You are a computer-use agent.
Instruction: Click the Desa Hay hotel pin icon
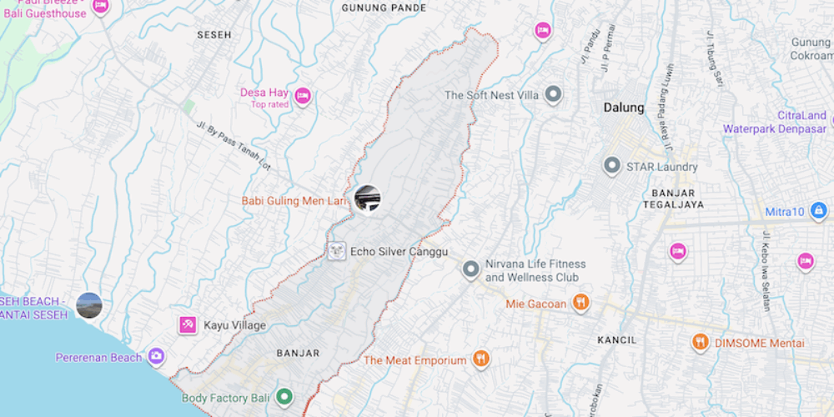303,96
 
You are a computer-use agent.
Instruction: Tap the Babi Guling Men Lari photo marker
368,198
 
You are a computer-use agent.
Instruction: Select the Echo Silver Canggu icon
337,251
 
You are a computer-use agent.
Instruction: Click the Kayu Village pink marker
188,325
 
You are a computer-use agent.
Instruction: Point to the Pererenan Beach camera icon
156,357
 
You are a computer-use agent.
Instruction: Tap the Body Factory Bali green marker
284,398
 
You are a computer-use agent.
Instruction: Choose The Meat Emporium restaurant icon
480,360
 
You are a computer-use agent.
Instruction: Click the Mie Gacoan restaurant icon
581,303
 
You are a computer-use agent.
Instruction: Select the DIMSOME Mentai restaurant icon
701,342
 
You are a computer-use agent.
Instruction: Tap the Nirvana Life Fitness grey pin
471,269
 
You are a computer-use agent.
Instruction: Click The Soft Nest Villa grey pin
553,95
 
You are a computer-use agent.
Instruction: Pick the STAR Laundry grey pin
613,166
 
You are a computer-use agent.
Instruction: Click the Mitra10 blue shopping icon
819,211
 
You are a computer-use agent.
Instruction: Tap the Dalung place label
624,108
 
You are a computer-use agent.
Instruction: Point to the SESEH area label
214,35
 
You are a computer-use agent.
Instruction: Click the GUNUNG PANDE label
384,8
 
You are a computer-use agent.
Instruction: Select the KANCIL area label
616,340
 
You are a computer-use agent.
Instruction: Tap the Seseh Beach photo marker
89,305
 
